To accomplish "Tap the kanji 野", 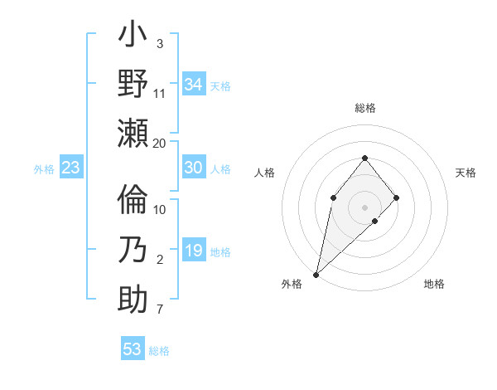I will tap(133, 85).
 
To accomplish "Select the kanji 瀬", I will tap(133, 133).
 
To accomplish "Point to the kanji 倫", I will tap(133, 200).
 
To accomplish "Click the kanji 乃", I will tap(133, 249).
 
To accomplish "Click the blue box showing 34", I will tap(193, 85).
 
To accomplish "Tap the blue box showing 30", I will tap(193, 168).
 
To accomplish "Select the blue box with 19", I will tap(193, 251).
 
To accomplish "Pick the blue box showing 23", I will tap(70, 168).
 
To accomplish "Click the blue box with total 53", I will tap(132, 349).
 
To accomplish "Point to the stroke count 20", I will tap(160, 143).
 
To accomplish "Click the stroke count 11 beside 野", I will tap(160, 93).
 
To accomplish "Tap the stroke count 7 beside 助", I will tap(160, 310).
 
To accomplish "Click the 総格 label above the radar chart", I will tap(364, 108).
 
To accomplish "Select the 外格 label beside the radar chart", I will tap(292, 284).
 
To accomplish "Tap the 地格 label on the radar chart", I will tap(434, 284).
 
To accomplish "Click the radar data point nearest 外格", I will tap(316, 274).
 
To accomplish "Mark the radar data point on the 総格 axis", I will tap(364, 158).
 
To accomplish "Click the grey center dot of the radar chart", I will tap(364, 207).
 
